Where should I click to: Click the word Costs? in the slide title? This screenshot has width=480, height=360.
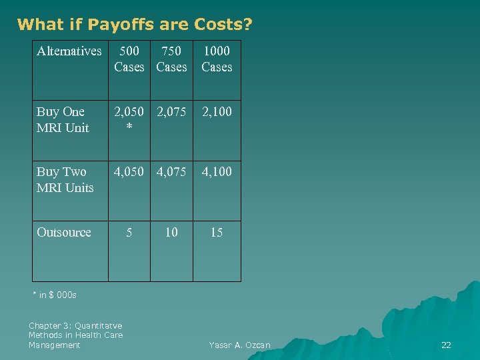click(x=223, y=25)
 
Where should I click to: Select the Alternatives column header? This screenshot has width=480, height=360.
click(x=69, y=51)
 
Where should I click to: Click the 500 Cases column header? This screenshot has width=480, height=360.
click(x=129, y=59)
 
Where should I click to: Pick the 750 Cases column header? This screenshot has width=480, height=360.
click(x=171, y=59)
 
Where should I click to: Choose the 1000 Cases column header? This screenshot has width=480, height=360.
click(x=217, y=59)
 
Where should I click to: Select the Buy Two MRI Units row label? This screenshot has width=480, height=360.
click(x=65, y=179)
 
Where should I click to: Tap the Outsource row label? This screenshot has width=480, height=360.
click(x=64, y=232)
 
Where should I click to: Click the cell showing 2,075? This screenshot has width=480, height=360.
click(x=171, y=112)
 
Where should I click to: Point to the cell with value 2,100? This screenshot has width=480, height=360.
click(x=217, y=112)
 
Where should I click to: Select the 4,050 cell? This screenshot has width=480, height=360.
click(x=129, y=172)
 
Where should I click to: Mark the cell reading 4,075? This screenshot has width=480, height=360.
click(x=171, y=172)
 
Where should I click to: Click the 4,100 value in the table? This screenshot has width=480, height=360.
click(x=217, y=172)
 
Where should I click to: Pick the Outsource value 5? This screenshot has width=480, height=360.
click(x=129, y=233)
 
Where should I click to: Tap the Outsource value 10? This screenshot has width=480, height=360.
click(x=171, y=233)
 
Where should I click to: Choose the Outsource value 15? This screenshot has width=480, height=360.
click(x=217, y=233)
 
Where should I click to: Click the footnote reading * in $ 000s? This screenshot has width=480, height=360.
click(x=55, y=295)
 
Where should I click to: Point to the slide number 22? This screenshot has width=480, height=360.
click(x=446, y=345)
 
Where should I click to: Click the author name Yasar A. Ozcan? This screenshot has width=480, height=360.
click(x=239, y=345)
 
